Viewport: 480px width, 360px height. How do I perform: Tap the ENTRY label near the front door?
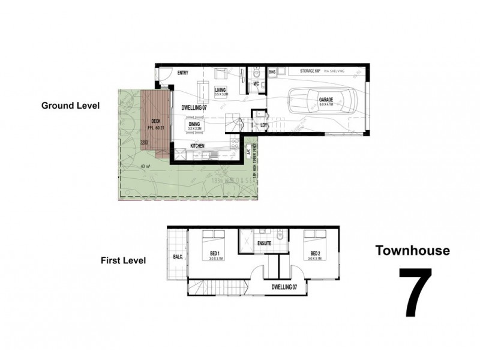[x=183, y=73]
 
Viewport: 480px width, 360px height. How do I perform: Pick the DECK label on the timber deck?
[x=156, y=120]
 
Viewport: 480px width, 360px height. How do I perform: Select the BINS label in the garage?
[x=272, y=71]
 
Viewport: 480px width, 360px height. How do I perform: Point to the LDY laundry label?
[x=264, y=125]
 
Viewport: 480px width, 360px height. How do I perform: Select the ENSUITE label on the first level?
[x=263, y=244]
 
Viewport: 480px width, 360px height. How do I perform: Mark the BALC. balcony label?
[x=178, y=256]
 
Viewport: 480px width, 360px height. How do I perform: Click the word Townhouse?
[x=412, y=250]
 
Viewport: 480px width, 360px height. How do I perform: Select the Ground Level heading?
[x=70, y=105]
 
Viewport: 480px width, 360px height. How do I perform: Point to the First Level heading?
[x=124, y=260]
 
